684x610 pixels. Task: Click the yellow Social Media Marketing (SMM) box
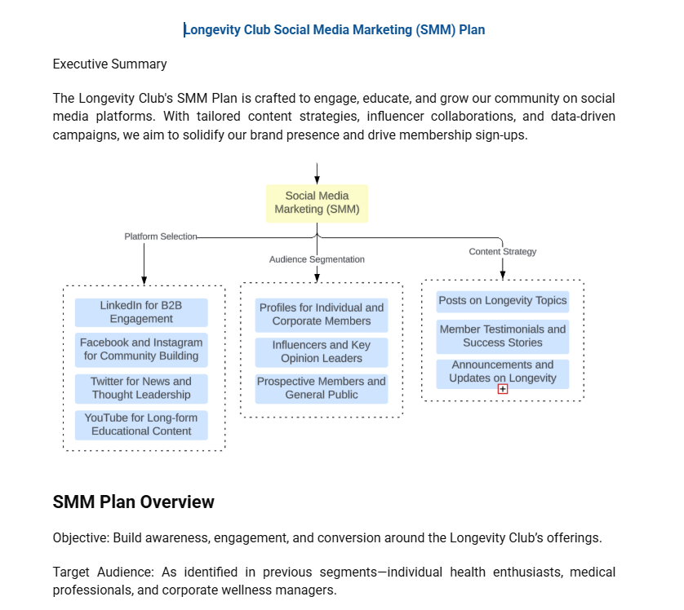click(317, 203)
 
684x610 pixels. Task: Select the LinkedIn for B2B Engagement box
click(141, 312)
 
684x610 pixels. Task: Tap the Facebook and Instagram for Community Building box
click(141, 349)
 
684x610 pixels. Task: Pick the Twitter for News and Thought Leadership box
click(141, 388)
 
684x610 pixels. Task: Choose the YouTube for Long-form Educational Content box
click(141, 424)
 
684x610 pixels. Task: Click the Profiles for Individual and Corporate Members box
click(321, 314)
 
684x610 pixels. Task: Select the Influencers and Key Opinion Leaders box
click(321, 351)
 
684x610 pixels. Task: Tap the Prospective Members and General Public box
click(321, 388)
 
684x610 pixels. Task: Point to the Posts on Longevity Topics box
click(502, 301)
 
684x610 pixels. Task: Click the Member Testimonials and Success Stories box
click(502, 336)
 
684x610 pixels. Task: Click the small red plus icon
click(503, 389)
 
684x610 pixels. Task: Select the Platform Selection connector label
click(160, 236)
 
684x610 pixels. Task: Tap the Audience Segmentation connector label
click(317, 259)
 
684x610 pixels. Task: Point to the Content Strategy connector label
click(502, 251)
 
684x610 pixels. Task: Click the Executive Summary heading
click(109, 64)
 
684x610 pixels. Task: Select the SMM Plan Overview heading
click(133, 502)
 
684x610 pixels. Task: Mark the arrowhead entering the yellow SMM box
click(317, 179)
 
